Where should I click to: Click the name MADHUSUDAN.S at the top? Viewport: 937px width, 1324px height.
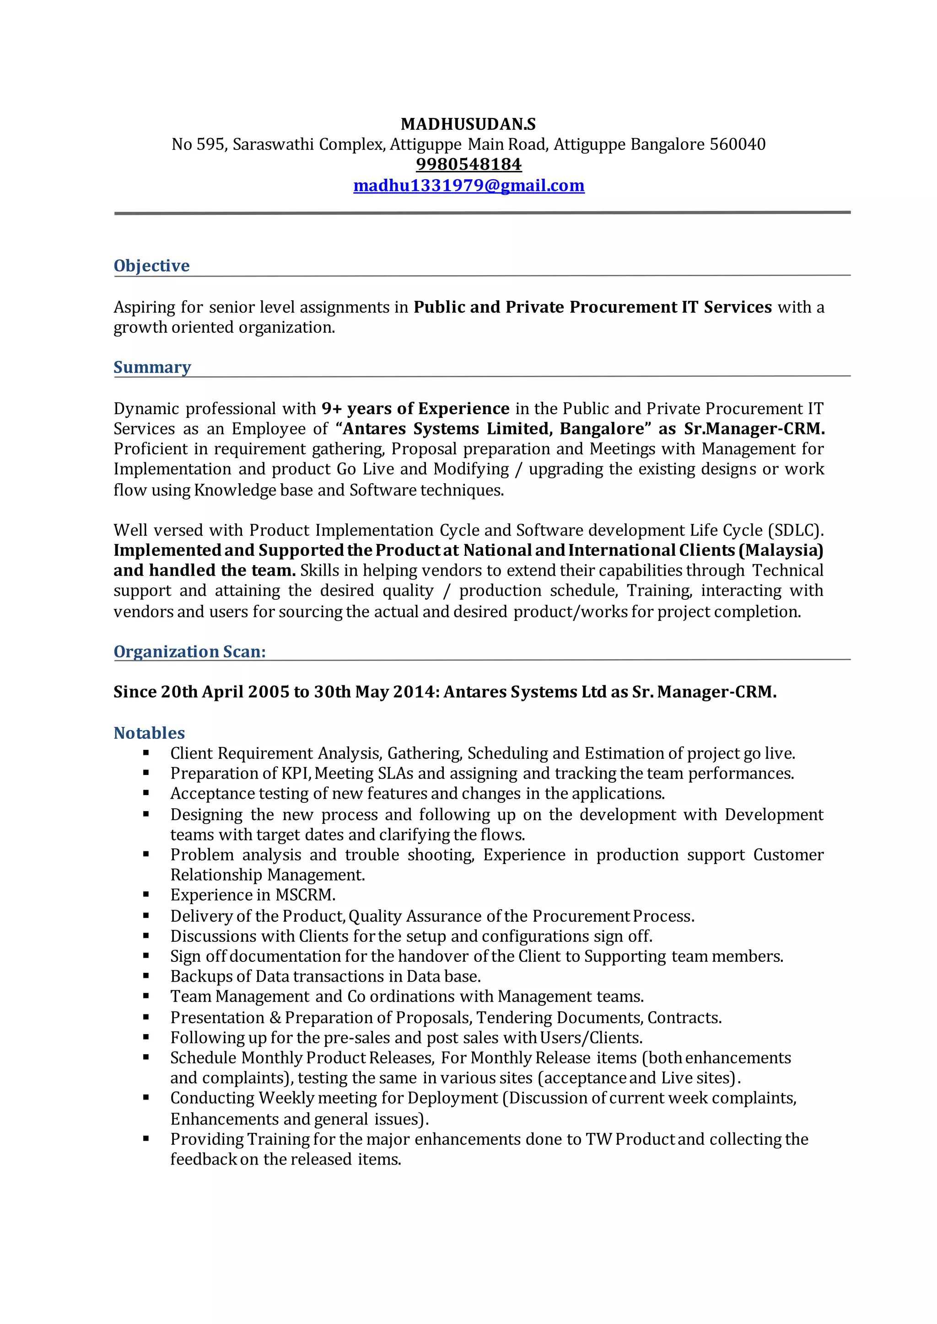(468, 124)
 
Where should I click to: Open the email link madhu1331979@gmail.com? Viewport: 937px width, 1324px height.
(468, 185)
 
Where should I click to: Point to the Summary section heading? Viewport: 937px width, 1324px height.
(152, 367)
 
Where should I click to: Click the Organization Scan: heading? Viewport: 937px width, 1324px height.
(190, 651)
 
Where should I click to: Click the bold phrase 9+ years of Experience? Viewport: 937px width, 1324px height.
(415, 408)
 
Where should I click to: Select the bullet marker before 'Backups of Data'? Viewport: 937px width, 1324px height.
(146, 976)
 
